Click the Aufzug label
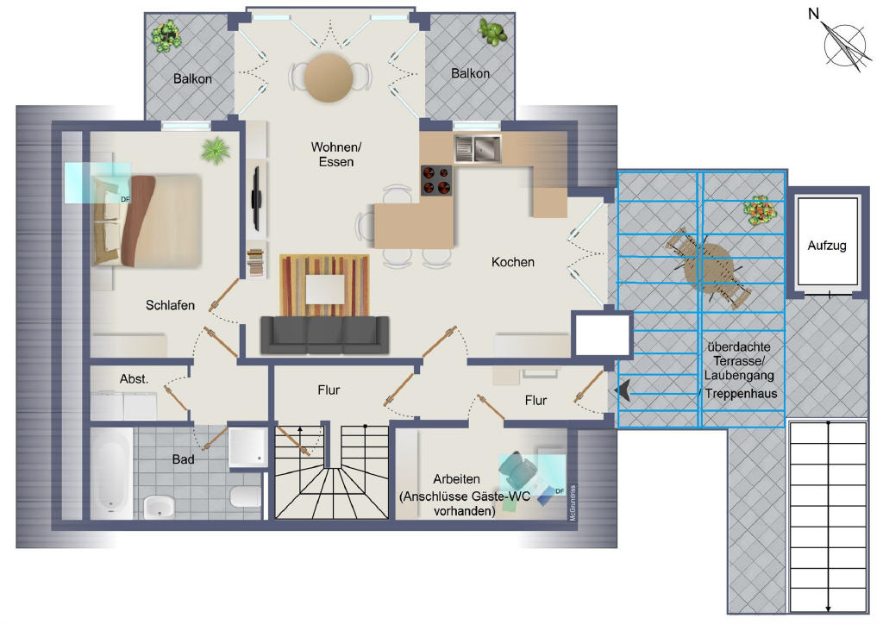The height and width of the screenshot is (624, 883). pos(827,246)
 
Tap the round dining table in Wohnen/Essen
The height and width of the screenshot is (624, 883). pos(329,78)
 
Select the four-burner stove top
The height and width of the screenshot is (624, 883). pos(436,181)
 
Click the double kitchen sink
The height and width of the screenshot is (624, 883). pos(478,148)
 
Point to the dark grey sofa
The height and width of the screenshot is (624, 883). pos(325,334)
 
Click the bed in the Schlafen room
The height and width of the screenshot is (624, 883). pos(147,220)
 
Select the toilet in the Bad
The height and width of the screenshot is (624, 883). pos(245,496)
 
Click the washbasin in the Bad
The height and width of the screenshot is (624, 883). pos(159,507)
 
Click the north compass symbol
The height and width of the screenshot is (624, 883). pos(844,44)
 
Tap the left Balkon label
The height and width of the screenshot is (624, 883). pos(192,78)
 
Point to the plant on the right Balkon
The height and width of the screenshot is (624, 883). pos(492,32)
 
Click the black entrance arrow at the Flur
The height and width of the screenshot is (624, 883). pos(623,390)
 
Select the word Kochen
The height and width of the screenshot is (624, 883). pos(512,262)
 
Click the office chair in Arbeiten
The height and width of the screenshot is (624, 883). pos(518,468)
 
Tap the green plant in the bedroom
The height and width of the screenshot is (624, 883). pos(216,150)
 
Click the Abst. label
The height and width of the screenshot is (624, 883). pos(134,379)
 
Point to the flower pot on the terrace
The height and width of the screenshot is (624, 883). pos(761,210)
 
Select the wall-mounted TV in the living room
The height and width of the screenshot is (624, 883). pos(256,198)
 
